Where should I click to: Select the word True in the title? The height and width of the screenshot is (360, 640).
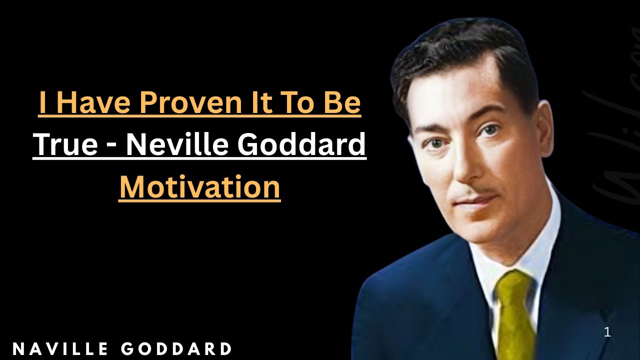point(65,144)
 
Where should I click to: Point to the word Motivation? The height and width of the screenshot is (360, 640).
point(199,187)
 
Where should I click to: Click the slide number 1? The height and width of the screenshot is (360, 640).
point(607,332)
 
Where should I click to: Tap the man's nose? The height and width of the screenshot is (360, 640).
point(462,167)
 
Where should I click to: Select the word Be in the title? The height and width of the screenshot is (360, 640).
point(344,103)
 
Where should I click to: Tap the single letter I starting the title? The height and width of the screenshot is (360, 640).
point(43,103)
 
